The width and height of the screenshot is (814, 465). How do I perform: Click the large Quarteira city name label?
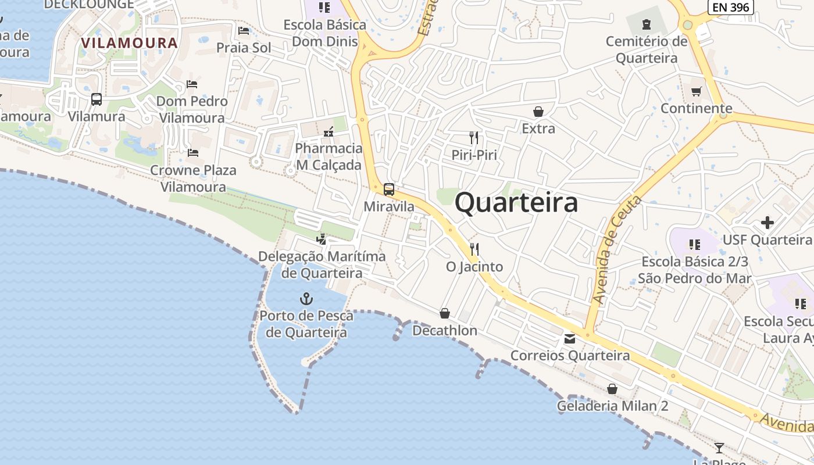516,202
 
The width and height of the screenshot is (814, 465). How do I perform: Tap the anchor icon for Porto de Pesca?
306,299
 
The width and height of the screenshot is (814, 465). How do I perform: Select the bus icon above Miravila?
389,189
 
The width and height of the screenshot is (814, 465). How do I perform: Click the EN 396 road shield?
731,6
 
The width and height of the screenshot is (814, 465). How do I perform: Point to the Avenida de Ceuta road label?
617,250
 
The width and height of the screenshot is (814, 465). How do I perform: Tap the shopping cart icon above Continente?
697,91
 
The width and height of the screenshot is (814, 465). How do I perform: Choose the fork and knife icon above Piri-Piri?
474,138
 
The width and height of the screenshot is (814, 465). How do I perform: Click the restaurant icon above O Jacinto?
474,249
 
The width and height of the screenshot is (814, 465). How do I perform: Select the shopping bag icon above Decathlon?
445,313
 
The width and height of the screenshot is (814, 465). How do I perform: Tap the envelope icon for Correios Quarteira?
570,338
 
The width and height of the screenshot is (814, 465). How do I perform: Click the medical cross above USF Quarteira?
767,223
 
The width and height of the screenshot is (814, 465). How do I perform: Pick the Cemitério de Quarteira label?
647,50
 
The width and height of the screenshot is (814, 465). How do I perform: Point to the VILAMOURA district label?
129,43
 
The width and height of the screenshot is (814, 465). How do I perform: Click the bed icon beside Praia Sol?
244,30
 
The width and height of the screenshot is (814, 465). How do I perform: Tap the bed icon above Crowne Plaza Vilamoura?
193,153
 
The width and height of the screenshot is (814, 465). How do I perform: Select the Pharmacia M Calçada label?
329,156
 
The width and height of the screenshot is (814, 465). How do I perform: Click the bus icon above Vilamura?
97,99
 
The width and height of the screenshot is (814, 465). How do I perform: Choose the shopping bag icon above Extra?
538,111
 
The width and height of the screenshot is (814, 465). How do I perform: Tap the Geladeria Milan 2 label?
613,406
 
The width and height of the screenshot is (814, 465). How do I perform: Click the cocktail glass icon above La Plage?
719,448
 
